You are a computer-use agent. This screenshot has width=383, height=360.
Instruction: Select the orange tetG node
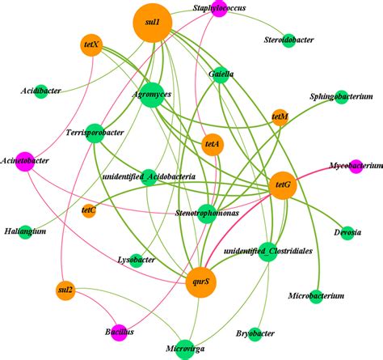[284, 185]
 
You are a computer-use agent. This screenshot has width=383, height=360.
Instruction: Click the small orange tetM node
[280, 117]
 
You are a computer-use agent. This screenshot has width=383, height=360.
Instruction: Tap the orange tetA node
[213, 144]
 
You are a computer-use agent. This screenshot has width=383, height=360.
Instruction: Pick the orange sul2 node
[65, 290]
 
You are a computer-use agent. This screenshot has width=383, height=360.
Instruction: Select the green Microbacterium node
[316, 297]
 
